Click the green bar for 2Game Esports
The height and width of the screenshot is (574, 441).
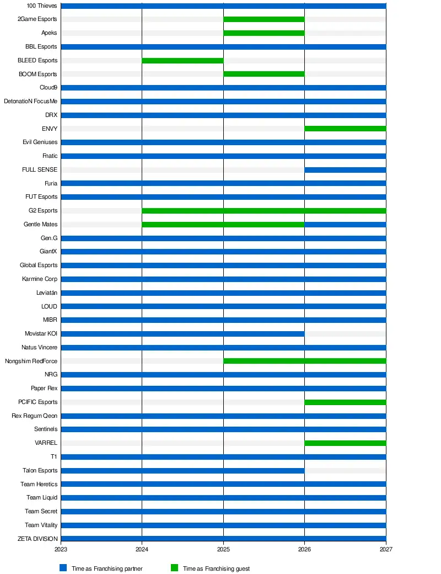pos(264,19)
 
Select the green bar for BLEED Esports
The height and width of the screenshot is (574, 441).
pos(182,60)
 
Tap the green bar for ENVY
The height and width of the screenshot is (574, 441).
pos(345,129)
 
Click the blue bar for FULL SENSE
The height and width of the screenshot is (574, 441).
pos(345,170)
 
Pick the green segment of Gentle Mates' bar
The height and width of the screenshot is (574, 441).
pos(223,225)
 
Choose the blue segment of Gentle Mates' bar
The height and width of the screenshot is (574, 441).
pos(345,225)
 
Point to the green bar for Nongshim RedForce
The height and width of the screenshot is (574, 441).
pos(305,361)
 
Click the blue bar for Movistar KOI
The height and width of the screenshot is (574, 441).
pos(183,334)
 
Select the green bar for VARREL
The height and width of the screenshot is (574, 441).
pos(345,443)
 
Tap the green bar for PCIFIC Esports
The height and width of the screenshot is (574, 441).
pos(345,402)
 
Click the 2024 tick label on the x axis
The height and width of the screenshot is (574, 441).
pos(142,549)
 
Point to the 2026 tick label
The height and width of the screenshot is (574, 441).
pos(305,549)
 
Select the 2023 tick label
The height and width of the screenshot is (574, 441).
pos(61,549)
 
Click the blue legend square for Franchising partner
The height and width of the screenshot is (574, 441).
pos(63,568)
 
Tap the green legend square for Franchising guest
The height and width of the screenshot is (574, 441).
pos(174,568)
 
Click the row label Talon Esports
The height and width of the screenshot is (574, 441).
pos(40,470)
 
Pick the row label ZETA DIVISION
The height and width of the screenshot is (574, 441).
pos(37,539)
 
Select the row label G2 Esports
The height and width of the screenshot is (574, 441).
pos(43,210)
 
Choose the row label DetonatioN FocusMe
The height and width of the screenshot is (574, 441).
pos(31,102)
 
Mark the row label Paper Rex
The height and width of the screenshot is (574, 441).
pos(44,389)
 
